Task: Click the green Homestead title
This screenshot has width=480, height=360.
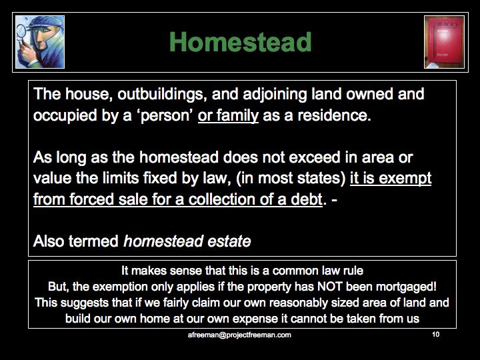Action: (240, 41)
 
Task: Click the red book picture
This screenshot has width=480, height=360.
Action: (444, 42)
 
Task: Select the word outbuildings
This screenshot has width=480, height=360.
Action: (161, 94)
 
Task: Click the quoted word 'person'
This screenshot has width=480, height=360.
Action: (165, 116)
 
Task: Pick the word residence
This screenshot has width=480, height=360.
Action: (334, 115)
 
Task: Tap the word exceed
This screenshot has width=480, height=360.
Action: (315, 157)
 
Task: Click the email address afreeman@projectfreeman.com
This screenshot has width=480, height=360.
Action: (239, 335)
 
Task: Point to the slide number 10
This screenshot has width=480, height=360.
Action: (435, 334)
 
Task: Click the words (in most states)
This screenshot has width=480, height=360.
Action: (291, 179)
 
